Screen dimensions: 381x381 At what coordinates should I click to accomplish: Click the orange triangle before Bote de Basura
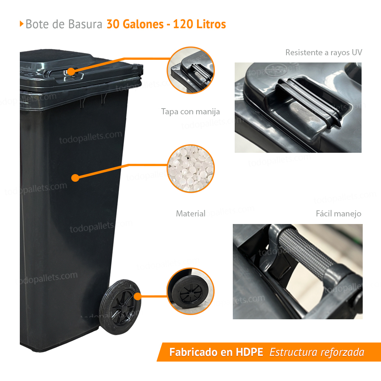[21, 24]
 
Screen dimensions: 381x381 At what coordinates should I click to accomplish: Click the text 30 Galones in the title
[135, 24]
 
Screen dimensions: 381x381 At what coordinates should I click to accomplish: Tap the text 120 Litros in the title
[200, 24]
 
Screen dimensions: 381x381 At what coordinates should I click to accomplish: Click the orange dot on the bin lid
[71, 72]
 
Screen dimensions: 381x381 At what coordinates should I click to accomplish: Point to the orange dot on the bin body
[75, 178]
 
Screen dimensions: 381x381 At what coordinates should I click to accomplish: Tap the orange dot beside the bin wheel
[138, 296]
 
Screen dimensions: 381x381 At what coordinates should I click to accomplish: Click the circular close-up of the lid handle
[191, 70]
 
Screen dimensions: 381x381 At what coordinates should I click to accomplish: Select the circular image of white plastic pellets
[191, 168]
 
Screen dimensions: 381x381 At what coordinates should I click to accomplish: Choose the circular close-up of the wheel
[190, 291]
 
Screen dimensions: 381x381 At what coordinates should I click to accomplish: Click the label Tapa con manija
[190, 112]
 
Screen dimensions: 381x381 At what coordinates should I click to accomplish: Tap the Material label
[191, 214]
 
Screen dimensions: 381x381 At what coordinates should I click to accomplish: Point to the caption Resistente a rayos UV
[323, 53]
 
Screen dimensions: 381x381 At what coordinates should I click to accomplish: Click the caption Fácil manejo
[338, 214]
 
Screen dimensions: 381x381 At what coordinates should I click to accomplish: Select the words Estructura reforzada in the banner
[317, 352]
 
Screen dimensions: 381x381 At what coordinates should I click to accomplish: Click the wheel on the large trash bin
[120, 307]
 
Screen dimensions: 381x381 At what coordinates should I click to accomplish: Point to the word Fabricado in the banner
[189, 352]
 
